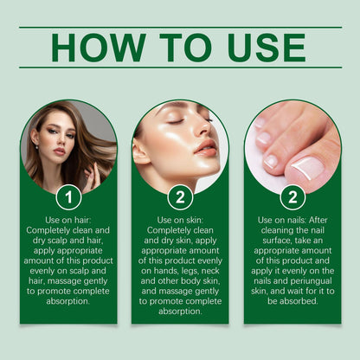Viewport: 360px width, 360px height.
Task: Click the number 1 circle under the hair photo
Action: click(x=68, y=197)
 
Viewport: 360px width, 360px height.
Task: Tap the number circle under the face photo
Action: click(x=180, y=197)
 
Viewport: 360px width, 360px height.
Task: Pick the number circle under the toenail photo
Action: click(x=292, y=197)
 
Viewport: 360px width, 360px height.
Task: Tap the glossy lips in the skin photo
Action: click(x=205, y=147)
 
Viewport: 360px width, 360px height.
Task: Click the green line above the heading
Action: click(x=180, y=27)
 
